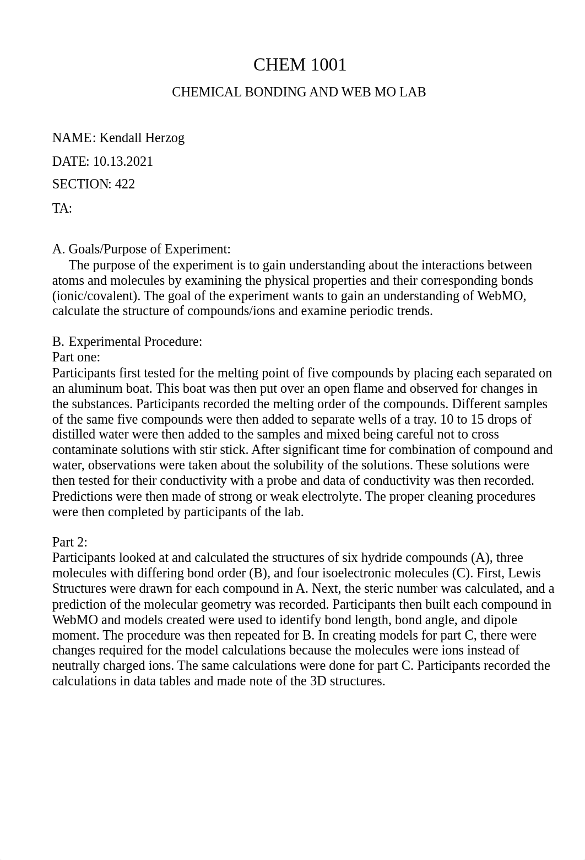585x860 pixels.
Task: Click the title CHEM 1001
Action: pyautogui.click(x=300, y=65)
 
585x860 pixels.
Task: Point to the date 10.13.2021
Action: pyautogui.click(x=123, y=161)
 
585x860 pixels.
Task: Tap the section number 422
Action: pyautogui.click(x=124, y=184)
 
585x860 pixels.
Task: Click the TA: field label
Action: pyautogui.click(x=62, y=208)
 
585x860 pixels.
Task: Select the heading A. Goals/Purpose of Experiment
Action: pyautogui.click(x=141, y=249)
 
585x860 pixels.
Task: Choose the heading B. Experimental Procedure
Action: pyautogui.click(x=127, y=342)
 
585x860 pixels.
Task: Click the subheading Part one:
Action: pyautogui.click(x=76, y=357)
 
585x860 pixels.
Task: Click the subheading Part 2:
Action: pyautogui.click(x=70, y=542)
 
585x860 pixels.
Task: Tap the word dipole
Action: pyautogui.click(x=500, y=620)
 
